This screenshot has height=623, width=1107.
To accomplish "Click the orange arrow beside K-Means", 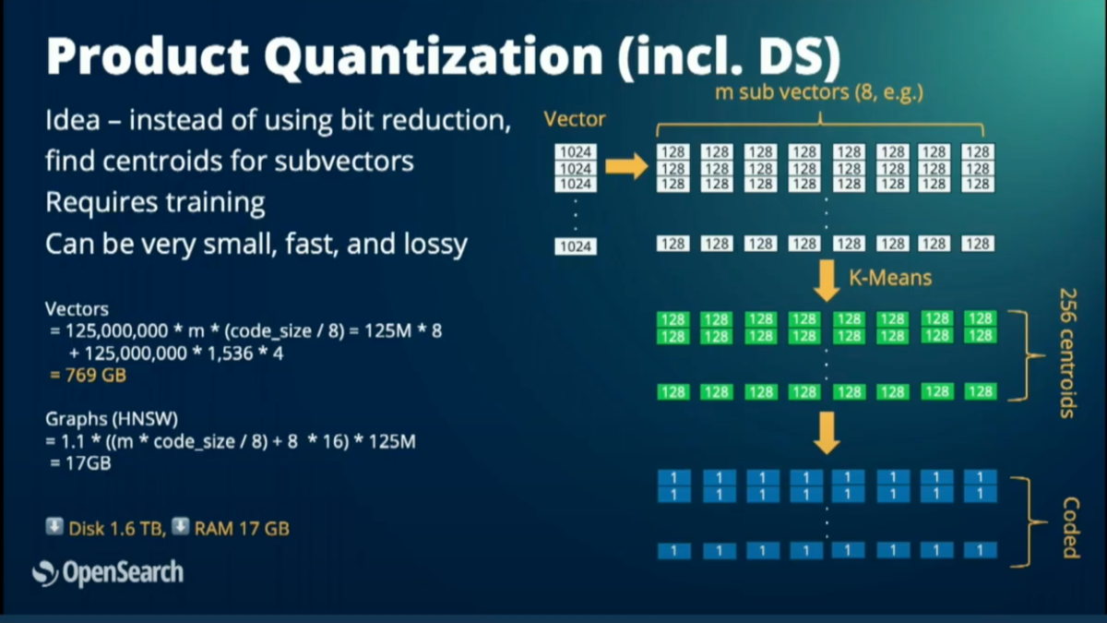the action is click(827, 281).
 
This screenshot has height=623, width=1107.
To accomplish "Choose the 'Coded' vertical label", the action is click(1070, 527).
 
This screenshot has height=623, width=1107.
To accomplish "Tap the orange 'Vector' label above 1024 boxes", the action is click(575, 119).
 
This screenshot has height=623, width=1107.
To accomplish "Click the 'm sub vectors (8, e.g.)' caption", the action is click(818, 92).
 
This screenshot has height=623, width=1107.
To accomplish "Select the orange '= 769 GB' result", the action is click(88, 376).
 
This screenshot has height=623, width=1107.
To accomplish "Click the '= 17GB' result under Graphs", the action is click(80, 463).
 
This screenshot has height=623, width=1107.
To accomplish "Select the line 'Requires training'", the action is click(155, 202).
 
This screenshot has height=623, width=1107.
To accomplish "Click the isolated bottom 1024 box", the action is click(575, 246).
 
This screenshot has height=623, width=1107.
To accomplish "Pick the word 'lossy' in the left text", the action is click(431, 245).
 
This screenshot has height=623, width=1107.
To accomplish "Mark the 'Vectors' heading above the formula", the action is click(77, 309).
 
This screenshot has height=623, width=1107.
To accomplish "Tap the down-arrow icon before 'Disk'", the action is click(54, 527).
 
